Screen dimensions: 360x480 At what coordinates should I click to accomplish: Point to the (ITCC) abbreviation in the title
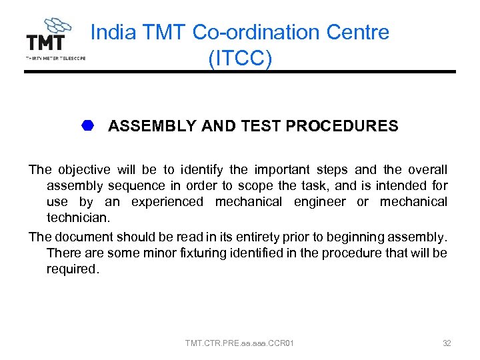click(240, 59)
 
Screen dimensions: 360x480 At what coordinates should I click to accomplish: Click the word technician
click(76, 218)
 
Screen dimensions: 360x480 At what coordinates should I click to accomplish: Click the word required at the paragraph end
click(72, 269)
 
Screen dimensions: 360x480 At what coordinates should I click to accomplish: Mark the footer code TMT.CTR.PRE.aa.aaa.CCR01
click(240, 343)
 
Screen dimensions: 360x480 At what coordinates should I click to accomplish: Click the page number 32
click(447, 343)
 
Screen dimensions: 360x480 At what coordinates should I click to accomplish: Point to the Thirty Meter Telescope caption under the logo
click(55, 58)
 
